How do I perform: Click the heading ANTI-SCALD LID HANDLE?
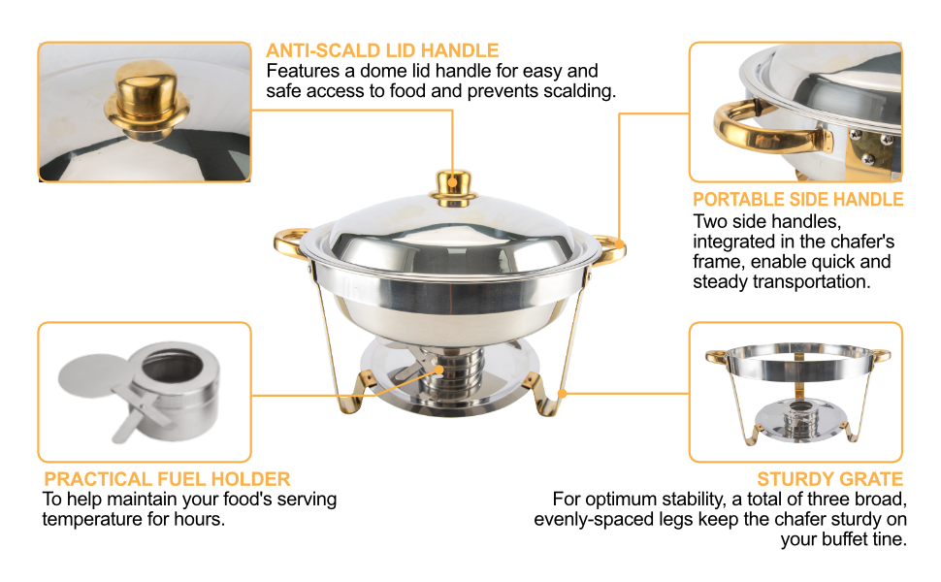382,50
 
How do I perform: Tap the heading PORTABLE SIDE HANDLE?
797,199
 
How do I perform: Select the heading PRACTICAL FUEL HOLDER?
167,479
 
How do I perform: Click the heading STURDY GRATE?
829,479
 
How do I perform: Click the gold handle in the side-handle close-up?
763,127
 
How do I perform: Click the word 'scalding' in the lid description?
576,91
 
